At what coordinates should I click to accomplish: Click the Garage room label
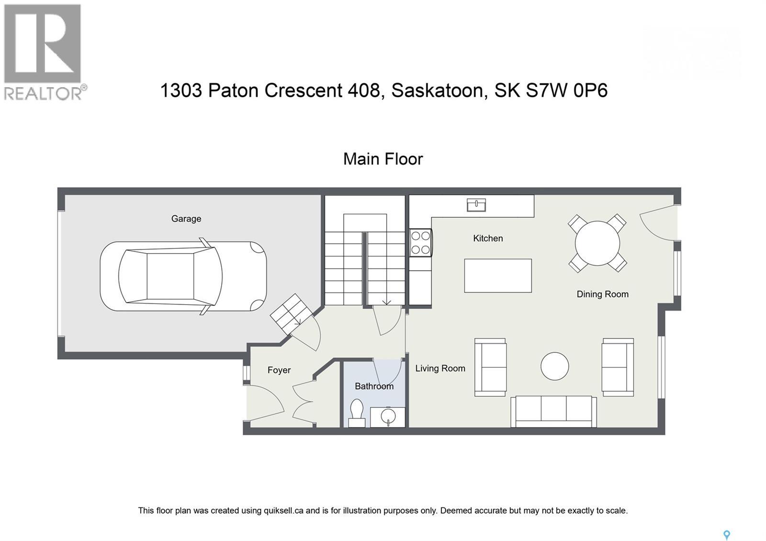[186, 219]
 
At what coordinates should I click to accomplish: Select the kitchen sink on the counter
[476, 205]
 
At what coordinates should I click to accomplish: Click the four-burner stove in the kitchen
[421, 243]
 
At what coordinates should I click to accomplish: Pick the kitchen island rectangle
[498, 275]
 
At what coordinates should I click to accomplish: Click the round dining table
[597, 243]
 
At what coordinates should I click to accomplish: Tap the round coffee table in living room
[554, 367]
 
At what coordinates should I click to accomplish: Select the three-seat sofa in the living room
[553, 411]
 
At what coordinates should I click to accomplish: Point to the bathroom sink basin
[387, 416]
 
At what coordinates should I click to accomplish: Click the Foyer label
[279, 370]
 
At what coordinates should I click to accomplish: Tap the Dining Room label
[602, 294]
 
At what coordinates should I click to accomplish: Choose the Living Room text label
[440, 368]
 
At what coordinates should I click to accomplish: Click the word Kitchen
[488, 238]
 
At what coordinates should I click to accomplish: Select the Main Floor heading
[383, 159]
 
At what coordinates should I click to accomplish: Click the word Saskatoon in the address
[437, 90]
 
